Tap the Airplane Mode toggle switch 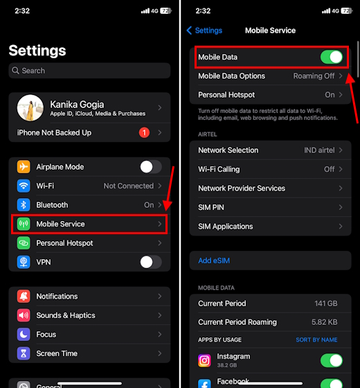(x=150, y=167)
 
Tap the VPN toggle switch (x=150, y=262)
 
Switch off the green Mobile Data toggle (x=332, y=57)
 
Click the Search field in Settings (x=89, y=71)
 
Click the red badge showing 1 (x=144, y=132)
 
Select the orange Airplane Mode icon (x=24, y=167)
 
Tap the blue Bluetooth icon (x=24, y=205)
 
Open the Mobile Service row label (x=60, y=224)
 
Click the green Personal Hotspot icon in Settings (x=24, y=243)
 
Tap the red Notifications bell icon (x=24, y=297)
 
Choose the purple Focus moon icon (x=24, y=335)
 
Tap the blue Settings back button (x=204, y=30)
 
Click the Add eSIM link (x=215, y=261)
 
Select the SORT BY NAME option (x=316, y=340)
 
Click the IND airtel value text (x=320, y=150)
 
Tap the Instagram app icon (x=204, y=360)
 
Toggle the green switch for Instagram (x=332, y=360)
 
